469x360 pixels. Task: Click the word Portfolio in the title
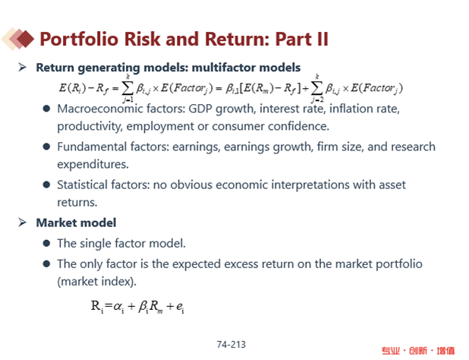(79, 39)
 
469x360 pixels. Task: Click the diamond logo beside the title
(17, 39)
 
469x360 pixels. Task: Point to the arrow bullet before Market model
(22, 223)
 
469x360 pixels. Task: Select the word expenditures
(93, 164)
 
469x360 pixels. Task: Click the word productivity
(90, 126)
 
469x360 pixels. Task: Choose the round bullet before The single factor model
(46, 243)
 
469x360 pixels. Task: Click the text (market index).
(96, 281)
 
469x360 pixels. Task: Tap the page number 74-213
(231, 345)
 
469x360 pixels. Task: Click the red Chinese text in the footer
(418, 350)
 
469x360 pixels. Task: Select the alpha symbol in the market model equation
(118, 306)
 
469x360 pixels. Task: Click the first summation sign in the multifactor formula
(127, 88)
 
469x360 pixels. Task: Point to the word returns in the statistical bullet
(77, 203)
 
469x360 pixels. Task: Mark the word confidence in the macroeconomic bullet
(298, 126)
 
